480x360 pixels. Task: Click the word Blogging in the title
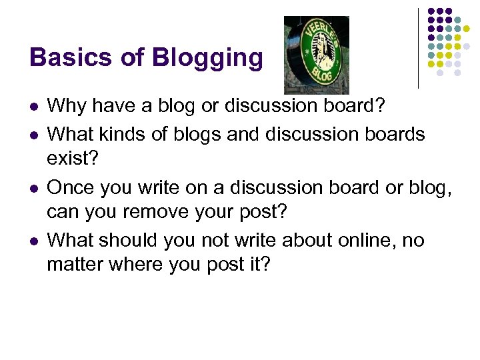tap(207, 59)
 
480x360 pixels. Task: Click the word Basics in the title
tap(71, 57)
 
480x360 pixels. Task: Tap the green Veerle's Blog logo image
tap(317, 55)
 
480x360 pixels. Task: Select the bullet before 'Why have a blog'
tap(33, 107)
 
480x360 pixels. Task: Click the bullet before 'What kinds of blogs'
tap(33, 135)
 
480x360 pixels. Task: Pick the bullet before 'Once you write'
tap(33, 188)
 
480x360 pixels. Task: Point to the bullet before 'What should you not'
tap(33, 240)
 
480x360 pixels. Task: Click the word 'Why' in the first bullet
tap(65, 106)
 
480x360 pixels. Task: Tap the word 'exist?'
tap(69, 160)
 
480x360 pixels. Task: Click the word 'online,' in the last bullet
tap(361, 240)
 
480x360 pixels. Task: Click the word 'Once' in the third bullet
tap(71, 187)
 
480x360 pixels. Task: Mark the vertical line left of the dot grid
tap(418, 48)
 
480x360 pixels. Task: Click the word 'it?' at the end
tap(257, 265)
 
